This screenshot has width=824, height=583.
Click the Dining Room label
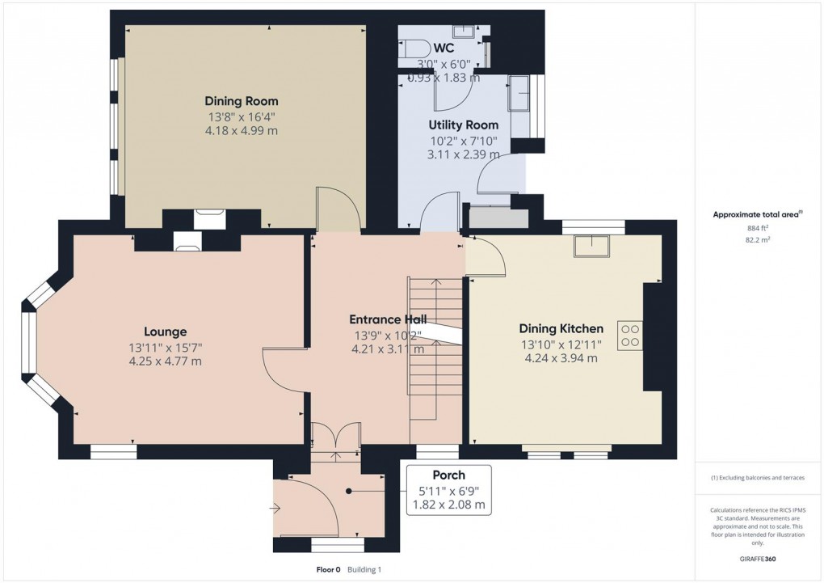tap(241, 101)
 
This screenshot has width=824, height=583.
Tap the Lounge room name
tap(165, 332)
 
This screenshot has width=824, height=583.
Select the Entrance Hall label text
tap(387, 319)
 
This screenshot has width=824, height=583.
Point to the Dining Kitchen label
tap(561, 328)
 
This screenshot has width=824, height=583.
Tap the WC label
tap(444, 48)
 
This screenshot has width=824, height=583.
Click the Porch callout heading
tap(448, 475)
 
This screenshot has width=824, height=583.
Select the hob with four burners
tap(629, 336)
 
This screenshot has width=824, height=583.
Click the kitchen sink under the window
tap(593, 246)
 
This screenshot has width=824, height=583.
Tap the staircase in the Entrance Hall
tap(435, 348)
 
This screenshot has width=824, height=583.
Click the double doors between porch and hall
tap(335, 437)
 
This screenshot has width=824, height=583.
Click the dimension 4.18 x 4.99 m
tap(241, 131)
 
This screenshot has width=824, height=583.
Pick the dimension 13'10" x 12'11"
tap(561, 344)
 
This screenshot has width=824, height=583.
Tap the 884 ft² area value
tap(757, 227)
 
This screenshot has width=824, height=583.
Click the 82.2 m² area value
tap(757, 240)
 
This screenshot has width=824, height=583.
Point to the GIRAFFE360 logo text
tap(758, 559)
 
